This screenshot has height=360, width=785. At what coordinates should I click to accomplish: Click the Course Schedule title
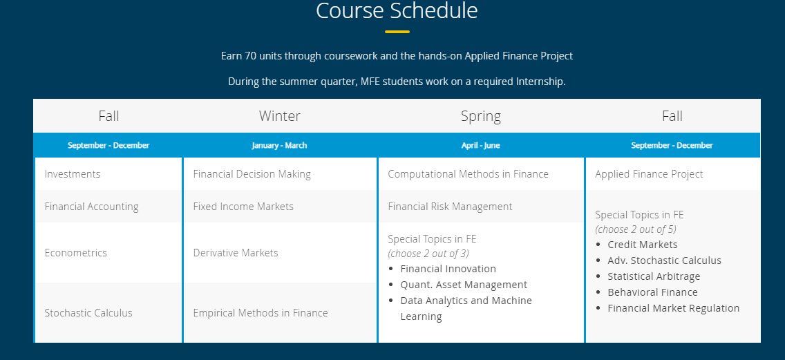click(x=397, y=10)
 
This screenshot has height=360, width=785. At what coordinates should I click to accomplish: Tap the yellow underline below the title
click(x=397, y=32)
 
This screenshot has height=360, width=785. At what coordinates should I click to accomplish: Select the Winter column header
click(x=280, y=116)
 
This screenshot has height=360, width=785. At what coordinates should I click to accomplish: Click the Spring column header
click(x=481, y=116)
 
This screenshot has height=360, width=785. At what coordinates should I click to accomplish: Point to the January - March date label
click(x=279, y=145)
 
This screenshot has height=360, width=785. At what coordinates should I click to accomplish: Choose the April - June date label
click(x=481, y=145)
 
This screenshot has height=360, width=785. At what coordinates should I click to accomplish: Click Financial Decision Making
click(x=252, y=173)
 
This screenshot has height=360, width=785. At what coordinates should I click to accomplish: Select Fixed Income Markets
click(x=243, y=207)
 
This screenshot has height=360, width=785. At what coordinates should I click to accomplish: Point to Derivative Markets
click(x=236, y=252)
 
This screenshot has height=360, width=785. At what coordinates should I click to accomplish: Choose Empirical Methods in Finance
click(x=261, y=312)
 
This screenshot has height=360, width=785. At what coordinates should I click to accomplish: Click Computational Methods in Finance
click(x=468, y=173)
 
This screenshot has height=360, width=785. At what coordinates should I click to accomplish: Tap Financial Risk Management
click(x=450, y=207)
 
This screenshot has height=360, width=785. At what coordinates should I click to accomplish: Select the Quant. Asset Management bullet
click(x=464, y=285)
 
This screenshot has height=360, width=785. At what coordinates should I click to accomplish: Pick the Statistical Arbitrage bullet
click(x=654, y=276)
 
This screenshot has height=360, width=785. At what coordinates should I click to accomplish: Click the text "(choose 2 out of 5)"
click(x=636, y=229)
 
